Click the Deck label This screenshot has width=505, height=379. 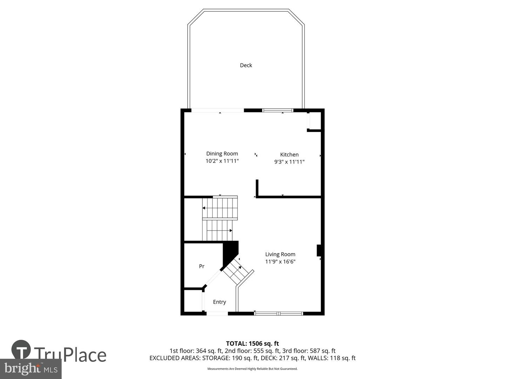point(246,65)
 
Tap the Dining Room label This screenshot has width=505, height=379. point(222,153)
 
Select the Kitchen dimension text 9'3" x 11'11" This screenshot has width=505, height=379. point(289,162)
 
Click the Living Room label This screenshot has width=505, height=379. point(280,254)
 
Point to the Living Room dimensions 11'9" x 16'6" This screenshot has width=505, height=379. point(280,261)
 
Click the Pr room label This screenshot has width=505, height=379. point(202,266)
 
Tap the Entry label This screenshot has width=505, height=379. point(220,302)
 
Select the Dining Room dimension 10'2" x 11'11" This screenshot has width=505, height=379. point(222,161)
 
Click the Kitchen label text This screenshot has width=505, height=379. point(289,154)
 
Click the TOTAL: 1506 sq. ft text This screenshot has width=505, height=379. point(252,344)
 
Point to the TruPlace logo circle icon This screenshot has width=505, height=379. point(21,350)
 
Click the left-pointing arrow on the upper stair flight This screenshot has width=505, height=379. point(204,208)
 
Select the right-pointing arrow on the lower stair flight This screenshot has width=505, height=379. point(231,231)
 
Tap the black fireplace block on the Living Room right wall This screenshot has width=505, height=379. point(319,251)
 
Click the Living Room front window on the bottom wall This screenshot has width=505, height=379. point(278,313)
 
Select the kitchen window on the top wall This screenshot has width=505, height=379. point(278,111)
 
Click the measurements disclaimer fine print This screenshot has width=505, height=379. point(252,369)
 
